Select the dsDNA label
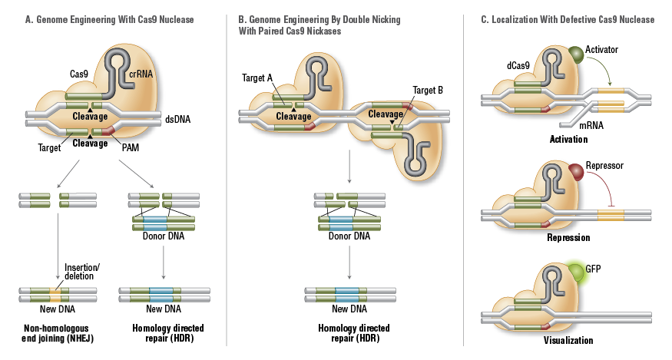(177, 120)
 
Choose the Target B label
(428, 91)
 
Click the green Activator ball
(575, 54)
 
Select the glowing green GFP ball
(575, 271)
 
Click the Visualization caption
(569, 340)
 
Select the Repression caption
(568, 238)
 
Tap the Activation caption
(568, 140)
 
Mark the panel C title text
(568, 19)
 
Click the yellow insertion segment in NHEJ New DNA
(56, 292)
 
